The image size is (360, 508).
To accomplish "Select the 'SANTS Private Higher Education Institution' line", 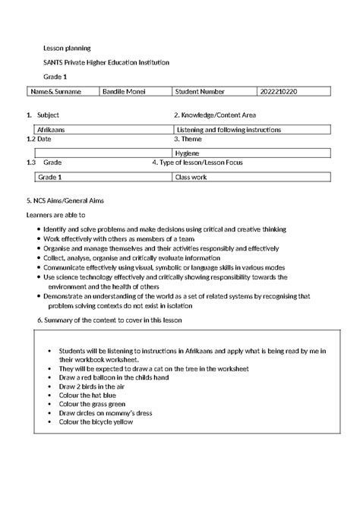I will click(x=106, y=62).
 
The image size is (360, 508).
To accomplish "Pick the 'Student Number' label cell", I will click(x=200, y=92).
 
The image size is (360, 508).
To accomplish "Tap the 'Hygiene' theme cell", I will click(x=188, y=153).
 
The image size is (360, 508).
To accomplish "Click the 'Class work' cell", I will click(x=191, y=176).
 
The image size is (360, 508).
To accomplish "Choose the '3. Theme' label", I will click(x=187, y=140).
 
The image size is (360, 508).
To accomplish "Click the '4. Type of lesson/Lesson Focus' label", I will click(x=204, y=162).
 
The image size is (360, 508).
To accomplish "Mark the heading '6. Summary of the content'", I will click(x=112, y=320).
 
